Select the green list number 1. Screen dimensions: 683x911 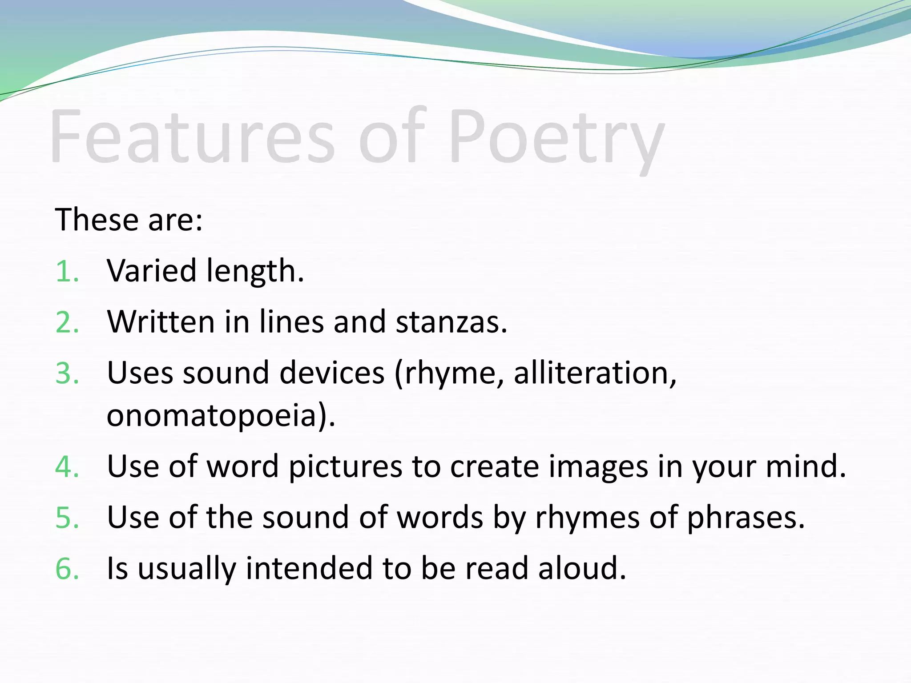(x=67, y=271)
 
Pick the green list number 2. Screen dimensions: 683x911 (x=67, y=322)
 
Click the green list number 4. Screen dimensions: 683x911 (x=67, y=467)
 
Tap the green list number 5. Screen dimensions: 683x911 (x=67, y=518)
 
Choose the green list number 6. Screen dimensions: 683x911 (x=67, y=569)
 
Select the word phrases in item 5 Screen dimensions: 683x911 (x=746, y=518)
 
